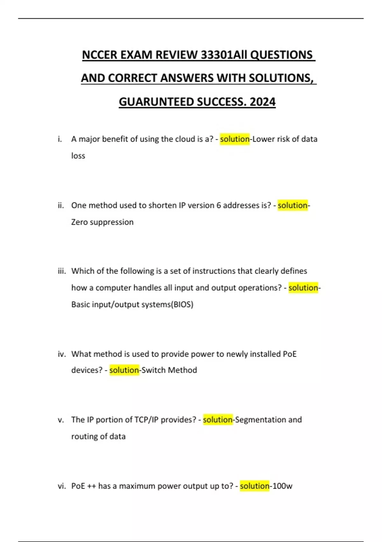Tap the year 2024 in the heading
263,102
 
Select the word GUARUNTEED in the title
156,102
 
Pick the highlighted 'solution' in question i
235,139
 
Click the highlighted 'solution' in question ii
293,205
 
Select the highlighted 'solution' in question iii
303,288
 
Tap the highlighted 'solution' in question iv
124,370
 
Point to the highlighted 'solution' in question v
218,420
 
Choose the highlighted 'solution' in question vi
255,486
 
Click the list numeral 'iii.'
62,271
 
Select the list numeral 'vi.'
61,486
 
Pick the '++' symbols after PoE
91,486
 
